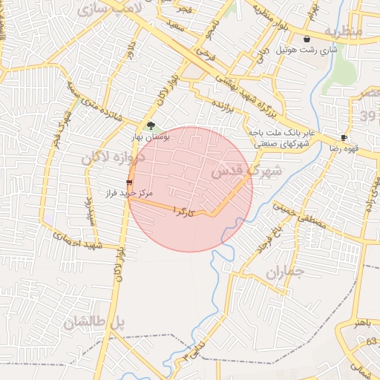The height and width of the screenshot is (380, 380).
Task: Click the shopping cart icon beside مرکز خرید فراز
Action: click(130, 182)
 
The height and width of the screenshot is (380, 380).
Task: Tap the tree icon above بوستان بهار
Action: click(151, 126)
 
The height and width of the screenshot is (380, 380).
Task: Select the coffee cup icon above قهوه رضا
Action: click(344, 138)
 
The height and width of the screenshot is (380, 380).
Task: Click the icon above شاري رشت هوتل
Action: click(307, 39)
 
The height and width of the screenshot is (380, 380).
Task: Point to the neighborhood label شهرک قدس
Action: click(247, 171)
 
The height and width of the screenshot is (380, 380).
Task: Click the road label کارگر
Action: click(184, 212)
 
